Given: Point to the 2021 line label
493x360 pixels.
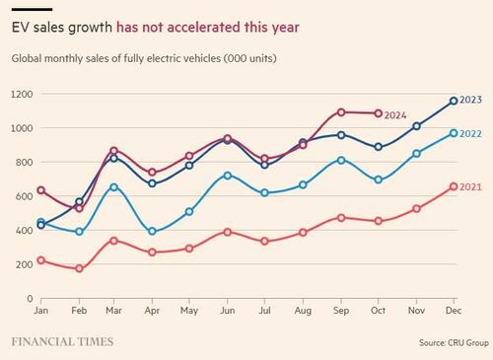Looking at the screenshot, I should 472,186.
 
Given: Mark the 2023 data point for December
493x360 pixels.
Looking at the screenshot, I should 453,101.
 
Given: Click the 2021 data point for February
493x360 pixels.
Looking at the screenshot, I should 79,268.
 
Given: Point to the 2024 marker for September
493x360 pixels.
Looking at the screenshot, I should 341,112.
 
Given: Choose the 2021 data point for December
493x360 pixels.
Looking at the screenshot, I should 453,186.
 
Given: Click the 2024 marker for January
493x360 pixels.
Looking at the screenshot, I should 41,190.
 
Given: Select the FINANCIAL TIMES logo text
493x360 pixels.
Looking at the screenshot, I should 62,342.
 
